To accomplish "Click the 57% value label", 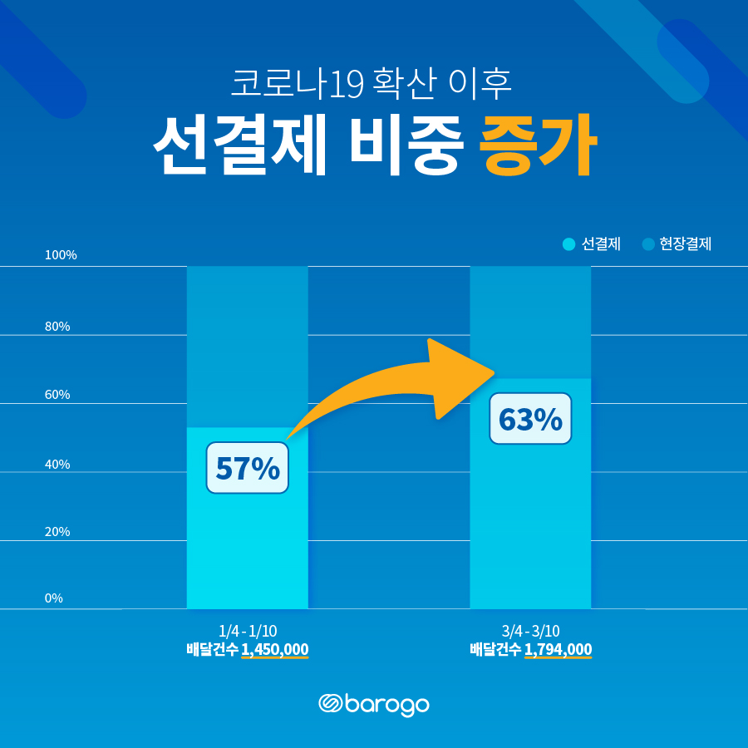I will (x=247, y=468).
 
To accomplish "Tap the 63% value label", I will (x=530, y=419).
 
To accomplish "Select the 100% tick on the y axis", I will (x=61, y=255).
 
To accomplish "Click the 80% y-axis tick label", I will (x=57, y=327).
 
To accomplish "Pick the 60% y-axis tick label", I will (x=57, y=395).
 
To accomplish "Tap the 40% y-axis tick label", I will (x=57, y=465).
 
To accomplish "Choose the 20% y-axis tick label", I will (x=57, y=532).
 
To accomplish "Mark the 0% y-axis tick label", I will (x=54, y=598).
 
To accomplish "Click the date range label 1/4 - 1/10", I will (x=247, y=632).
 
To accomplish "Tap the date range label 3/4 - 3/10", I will (x=530, y=632).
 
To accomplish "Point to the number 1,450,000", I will (x=275, y=650).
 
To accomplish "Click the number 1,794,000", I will (x=559, y=650).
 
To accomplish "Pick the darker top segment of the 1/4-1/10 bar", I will (x=247, y=345).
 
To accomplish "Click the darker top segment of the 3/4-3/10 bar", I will (x=530, y=320).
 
